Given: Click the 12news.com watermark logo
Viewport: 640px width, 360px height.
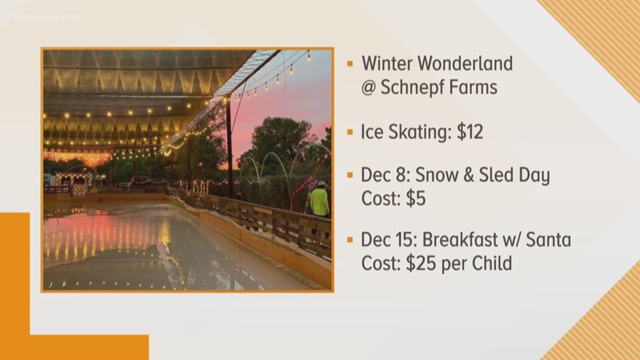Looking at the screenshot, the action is point(45,17).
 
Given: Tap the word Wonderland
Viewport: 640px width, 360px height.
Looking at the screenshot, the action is point(466,63).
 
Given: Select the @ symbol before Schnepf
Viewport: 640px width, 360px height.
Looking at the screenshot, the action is point(369,88).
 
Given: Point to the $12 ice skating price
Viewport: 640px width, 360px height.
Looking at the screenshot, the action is point(470,132).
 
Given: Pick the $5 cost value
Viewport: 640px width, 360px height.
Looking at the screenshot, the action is point(415,199).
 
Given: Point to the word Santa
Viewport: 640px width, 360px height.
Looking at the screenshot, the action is point(548,240).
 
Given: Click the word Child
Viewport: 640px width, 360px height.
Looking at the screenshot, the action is point(492,263).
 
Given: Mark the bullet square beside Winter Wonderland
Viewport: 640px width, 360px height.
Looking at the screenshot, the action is point(350,63).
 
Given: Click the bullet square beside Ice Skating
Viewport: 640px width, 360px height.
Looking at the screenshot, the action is point(350,132).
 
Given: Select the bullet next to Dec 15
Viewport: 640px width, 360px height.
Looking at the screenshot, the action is point(350,240).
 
